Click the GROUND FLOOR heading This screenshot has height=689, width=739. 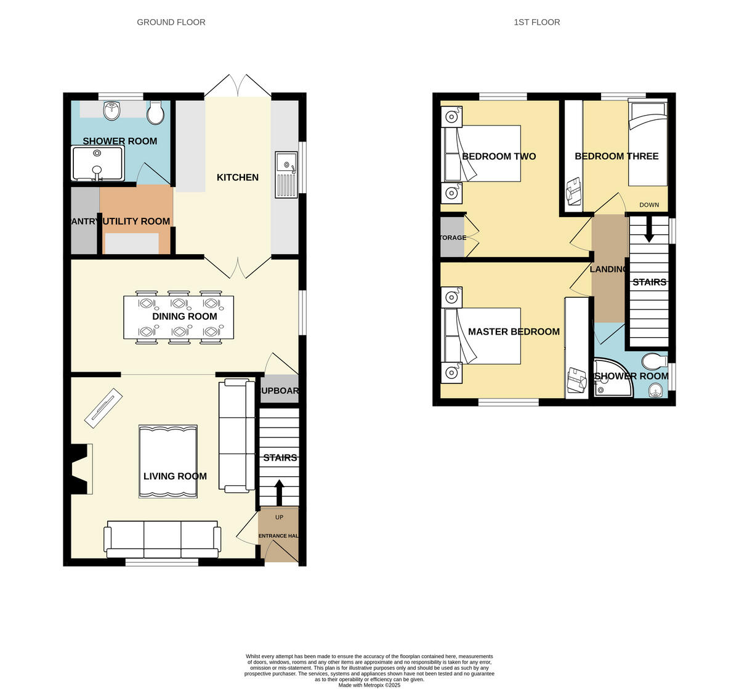(171, 22)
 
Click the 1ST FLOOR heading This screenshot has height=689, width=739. (536, 22)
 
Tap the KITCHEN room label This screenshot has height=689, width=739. (238, 177)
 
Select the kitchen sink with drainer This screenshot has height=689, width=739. (286, 175)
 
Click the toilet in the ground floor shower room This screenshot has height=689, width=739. (155, 112)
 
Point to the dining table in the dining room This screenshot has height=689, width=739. (179, 317)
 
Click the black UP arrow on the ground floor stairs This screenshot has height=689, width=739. (278, 492)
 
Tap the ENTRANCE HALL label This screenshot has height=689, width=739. (278, 536)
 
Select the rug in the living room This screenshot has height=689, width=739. (168, 461)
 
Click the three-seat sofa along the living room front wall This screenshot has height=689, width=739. (163, 539)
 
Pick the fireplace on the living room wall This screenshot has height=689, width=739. (80, 469)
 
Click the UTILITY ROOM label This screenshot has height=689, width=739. (136, 221)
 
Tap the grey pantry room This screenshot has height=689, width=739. (84, 220)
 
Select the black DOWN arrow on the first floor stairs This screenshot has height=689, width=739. (649, 231)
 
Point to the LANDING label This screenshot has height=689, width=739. (608, 269)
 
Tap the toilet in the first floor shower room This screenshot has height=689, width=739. (652, 359)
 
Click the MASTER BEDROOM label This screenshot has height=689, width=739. (514, 332)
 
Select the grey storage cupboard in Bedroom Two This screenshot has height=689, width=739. (453, 237)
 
